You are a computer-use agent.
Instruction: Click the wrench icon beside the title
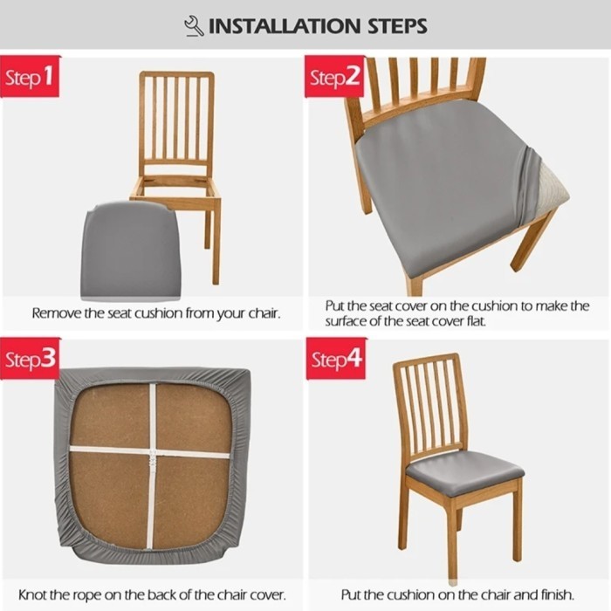coord(194,26)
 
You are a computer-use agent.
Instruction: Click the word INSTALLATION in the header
coord(284,26)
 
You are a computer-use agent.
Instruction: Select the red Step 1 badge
coord(30,77)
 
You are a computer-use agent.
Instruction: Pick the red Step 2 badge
coord(334,77)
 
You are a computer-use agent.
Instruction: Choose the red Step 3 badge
coord(30,359)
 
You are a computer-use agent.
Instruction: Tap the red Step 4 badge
coord(336,359)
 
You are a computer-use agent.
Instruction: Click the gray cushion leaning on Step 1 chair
coord(130,251)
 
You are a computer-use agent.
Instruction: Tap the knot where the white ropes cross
coord(153,454)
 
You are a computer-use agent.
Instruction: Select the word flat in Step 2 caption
coord(477,321)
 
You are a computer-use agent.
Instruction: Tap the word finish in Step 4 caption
coord(558,595)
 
